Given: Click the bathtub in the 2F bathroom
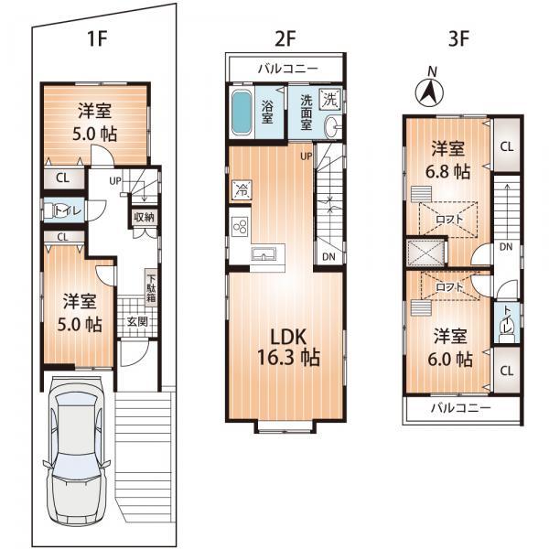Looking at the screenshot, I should coord(242,113).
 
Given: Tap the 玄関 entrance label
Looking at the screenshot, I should coord(137,321).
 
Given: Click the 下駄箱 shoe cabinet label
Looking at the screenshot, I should coord(151,288).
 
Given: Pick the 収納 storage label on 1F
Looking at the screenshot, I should coord(145,218).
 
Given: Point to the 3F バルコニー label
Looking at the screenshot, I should coord(461,407).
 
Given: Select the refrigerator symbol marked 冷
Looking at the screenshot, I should coord(241,191).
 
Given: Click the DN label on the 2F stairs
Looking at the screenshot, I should coord(327,257).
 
